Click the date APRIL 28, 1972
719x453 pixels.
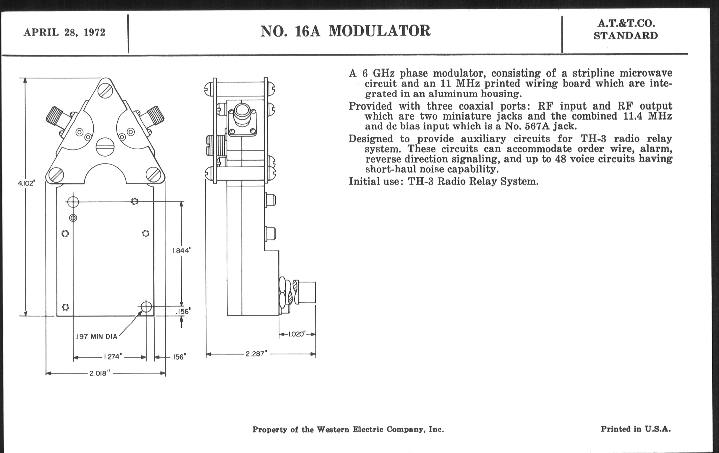64,32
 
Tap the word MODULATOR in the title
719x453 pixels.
380,31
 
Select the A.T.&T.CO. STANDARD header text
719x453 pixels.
626,29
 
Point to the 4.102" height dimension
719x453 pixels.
27,183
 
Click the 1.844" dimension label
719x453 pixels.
182,250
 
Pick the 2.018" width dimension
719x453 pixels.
100,373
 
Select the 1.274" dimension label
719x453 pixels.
113,357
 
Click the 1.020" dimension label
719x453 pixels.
297,334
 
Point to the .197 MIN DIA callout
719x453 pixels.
96,337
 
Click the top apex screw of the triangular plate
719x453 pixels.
106,90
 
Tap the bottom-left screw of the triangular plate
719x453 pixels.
56,175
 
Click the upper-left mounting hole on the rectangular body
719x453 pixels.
73,202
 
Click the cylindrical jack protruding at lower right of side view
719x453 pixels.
305,292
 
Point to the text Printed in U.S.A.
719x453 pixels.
636,429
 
